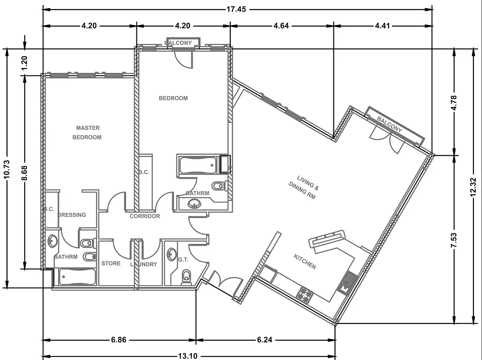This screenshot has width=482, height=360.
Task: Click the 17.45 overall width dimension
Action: [236, 9]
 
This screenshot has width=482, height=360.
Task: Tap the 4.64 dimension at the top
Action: [281, 26]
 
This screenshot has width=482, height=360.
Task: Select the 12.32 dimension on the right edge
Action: [473, 186]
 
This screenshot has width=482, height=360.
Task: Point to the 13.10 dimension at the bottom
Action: [188, 356]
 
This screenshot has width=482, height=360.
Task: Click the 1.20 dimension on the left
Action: [25, 63]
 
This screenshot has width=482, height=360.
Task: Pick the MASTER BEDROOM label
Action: [87, 132]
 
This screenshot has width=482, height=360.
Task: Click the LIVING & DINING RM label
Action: [303, 187]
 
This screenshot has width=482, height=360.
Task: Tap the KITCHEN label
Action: [305, 261]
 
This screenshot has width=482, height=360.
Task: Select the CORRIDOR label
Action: [145, 216]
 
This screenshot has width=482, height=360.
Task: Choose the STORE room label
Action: [111, 263]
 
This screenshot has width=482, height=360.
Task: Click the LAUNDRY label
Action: [144, 265]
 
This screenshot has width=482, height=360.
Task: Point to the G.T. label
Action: [183, 260]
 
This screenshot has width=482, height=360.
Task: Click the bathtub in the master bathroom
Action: [77, 277]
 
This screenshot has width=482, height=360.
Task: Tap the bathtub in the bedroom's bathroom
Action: [198, 166]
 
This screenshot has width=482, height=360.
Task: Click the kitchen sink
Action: [348, 283]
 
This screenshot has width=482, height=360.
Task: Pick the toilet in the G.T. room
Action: [186, 277]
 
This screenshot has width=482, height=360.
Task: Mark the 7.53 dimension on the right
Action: [455, 239]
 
